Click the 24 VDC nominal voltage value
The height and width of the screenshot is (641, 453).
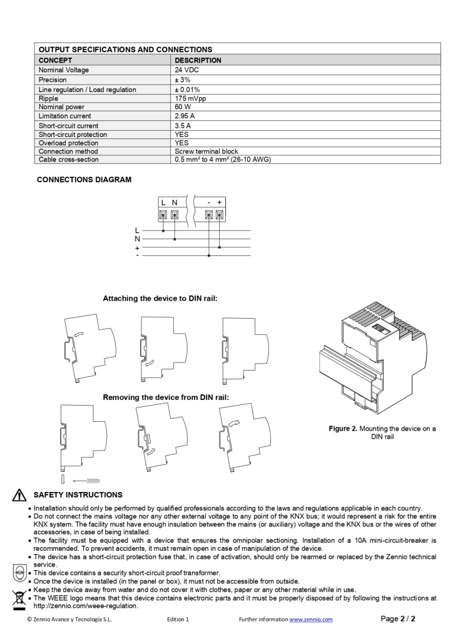click(x=186, y=70)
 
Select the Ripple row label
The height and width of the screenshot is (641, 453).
click(x=48, y=99)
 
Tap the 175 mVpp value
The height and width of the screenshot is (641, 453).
click(x=191, y=99)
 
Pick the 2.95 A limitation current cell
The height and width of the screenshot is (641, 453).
click(x=185, y=116)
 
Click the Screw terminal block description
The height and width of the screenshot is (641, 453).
click(x=206, y=151)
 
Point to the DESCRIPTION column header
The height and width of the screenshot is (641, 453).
click(x=198, y=61)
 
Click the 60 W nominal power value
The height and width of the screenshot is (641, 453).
click(x=183, y=107)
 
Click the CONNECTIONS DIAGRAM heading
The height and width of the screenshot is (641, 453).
click(x=84, y=180)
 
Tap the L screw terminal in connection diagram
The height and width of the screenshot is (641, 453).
click(x=163, y=215)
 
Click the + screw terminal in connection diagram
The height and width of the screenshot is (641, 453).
click(x=220, y=215)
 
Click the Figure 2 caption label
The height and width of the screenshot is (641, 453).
click(x=343, y=429)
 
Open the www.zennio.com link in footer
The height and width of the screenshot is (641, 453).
click(x=310, y=620)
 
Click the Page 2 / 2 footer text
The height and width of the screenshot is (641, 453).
click(x=398, y=619)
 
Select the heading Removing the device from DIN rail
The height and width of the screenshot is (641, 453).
click(x=166, y=397)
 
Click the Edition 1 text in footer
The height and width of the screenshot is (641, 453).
click(x=178, y=620)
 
